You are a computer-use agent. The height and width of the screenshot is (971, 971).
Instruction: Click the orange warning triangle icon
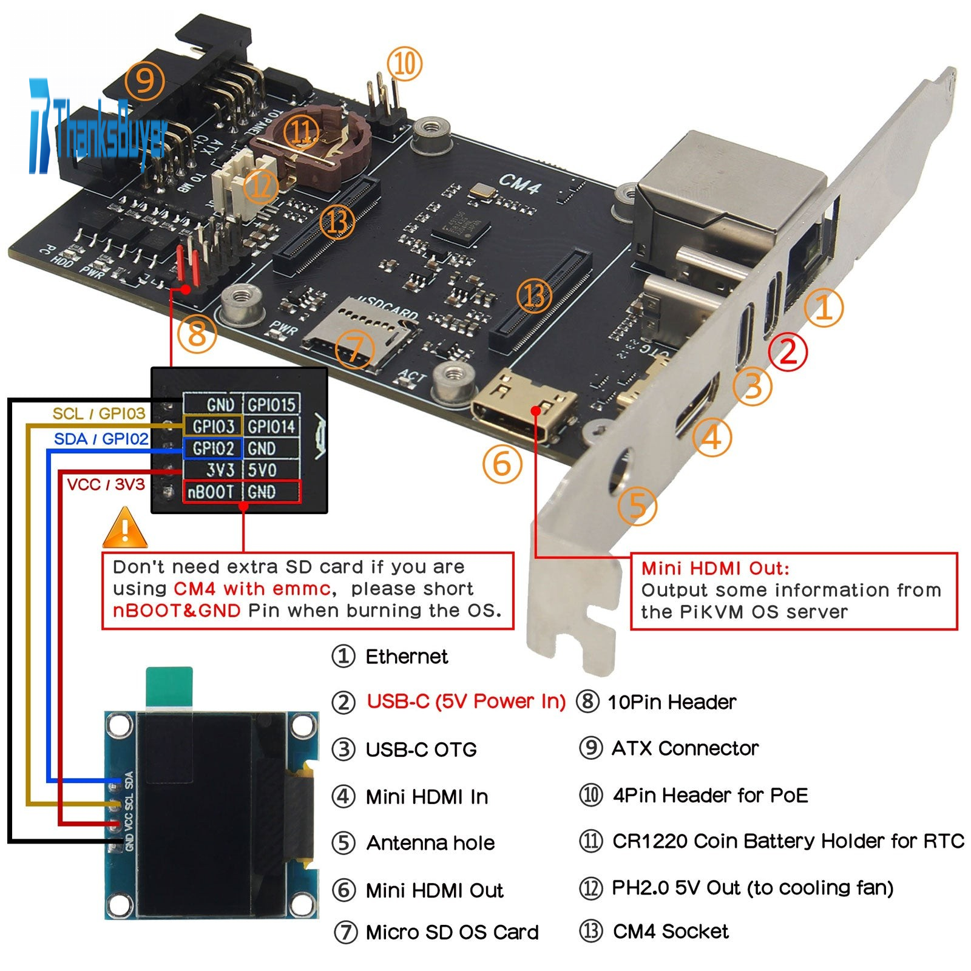coord(125,530)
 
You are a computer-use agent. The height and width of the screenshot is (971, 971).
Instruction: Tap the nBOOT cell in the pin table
coord(211,492)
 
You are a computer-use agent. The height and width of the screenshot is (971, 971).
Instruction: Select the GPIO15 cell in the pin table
coord(271,405)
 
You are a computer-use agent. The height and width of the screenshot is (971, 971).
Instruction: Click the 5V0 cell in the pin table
coord(262,470)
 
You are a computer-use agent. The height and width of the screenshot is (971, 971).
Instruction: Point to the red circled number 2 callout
coord(787,351)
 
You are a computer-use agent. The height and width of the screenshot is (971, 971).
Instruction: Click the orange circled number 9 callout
coord(144,80)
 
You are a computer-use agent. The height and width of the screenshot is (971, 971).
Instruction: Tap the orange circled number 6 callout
coord(502,464)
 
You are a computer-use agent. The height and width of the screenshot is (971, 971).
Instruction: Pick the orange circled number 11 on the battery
coord(302,132)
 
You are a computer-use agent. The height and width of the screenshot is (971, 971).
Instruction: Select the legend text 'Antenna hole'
coord(430,843)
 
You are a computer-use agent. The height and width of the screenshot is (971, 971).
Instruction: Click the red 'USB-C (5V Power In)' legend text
coord(466,702)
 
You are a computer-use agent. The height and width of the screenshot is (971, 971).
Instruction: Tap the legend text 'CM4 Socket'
coord(671,931)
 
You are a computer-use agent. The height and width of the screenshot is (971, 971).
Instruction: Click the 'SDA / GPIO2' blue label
coord(101,439)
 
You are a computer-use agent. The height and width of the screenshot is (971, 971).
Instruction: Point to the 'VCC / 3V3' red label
coord(106,484)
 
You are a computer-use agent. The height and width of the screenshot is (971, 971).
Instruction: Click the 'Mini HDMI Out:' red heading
coord(715,568)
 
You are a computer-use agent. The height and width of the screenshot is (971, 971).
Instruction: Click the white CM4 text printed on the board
coord(519,183)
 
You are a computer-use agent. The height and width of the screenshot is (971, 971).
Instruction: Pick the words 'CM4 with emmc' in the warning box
coord(252,589)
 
